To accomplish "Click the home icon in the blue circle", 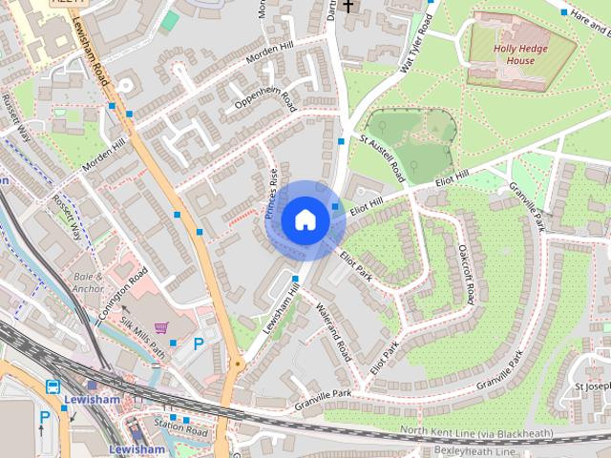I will [305, 219].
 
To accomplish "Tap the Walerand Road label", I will [333, 332].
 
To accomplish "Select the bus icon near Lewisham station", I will [53, 386].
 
